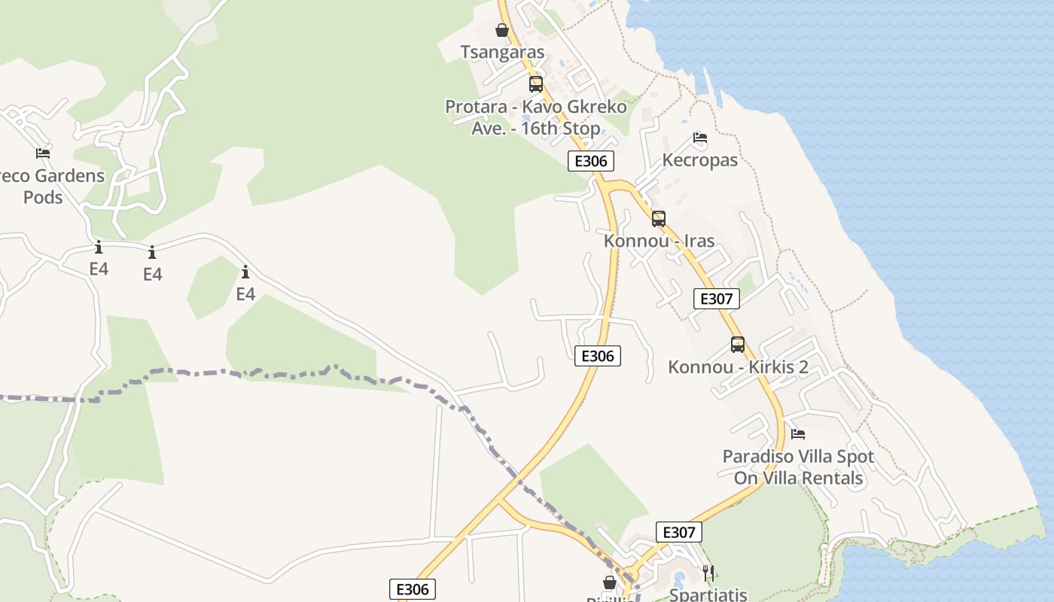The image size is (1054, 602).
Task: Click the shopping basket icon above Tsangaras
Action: tap(502, 30)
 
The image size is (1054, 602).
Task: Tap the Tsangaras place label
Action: tap(502, 52)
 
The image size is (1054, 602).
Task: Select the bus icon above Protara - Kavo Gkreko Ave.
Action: tap(536, 84)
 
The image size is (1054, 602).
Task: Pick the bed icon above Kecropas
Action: tap(700, 138)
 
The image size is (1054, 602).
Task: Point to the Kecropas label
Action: tap(700, 160)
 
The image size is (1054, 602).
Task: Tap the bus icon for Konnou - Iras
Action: tap(659, 219)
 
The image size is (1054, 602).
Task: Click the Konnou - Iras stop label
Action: tap(659, 241)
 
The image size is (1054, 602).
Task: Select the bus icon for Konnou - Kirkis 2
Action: tap(738, 345)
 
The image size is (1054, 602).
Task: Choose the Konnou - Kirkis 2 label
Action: tap(738, 367)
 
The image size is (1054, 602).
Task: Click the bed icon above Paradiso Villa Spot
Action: tap(798, 434)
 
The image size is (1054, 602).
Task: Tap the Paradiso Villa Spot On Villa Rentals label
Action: tap(798, 467)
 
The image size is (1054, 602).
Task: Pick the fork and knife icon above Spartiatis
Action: tap(708, 573)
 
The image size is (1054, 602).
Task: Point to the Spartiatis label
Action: tap(708, 594)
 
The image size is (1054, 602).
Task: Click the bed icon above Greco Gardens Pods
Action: tap(43, 154)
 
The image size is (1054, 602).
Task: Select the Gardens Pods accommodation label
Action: tap(53, 187)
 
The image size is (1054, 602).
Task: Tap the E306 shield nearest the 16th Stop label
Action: tap(591, 160)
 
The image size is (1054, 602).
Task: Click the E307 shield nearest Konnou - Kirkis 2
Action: tap(716, 299)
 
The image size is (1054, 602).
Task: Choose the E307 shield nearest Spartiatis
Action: tap(678, 532)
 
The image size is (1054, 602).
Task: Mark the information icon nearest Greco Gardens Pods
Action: tap(98, 247)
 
